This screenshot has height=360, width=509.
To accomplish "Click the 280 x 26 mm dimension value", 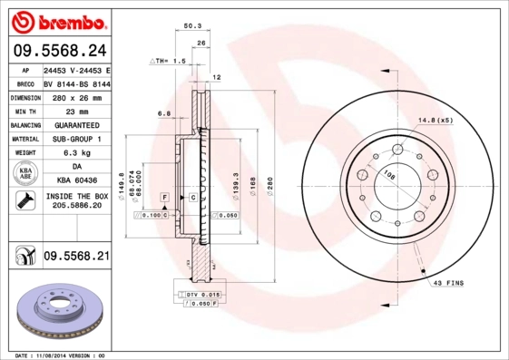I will click(76, 96).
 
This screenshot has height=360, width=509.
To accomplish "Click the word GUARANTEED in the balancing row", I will click(76, 124).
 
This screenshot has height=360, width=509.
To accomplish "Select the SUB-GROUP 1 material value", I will click(76, 139).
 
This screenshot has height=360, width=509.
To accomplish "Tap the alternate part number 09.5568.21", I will click(76, 257).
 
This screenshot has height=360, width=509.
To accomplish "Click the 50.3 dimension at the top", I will click(192, 26).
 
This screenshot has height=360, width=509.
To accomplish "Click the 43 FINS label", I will click(448, 283).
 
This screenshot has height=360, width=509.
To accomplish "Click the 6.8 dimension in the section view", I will click(164, 113).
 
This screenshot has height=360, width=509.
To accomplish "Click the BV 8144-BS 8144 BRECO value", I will click(76, 83).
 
